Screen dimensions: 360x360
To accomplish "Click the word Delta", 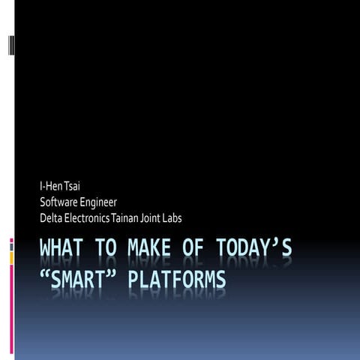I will tap(50, 218).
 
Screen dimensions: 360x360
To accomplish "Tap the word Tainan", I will tap(124, 218).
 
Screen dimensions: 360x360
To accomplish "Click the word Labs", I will tap(172, 218).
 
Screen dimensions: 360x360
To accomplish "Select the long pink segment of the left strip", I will tap(11, 315).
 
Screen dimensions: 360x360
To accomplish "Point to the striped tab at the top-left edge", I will tap(10, 45).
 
